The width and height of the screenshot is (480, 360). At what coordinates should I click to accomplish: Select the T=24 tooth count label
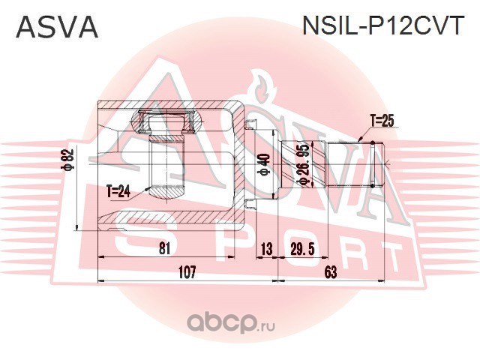click(x=118, y=192)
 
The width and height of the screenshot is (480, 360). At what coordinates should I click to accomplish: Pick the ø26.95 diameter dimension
click(x=304, y=166)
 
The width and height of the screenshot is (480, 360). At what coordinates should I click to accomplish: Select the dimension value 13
click(x=265, y=249)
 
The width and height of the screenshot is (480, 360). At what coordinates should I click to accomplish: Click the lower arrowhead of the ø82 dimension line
click(x=77, y=226)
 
